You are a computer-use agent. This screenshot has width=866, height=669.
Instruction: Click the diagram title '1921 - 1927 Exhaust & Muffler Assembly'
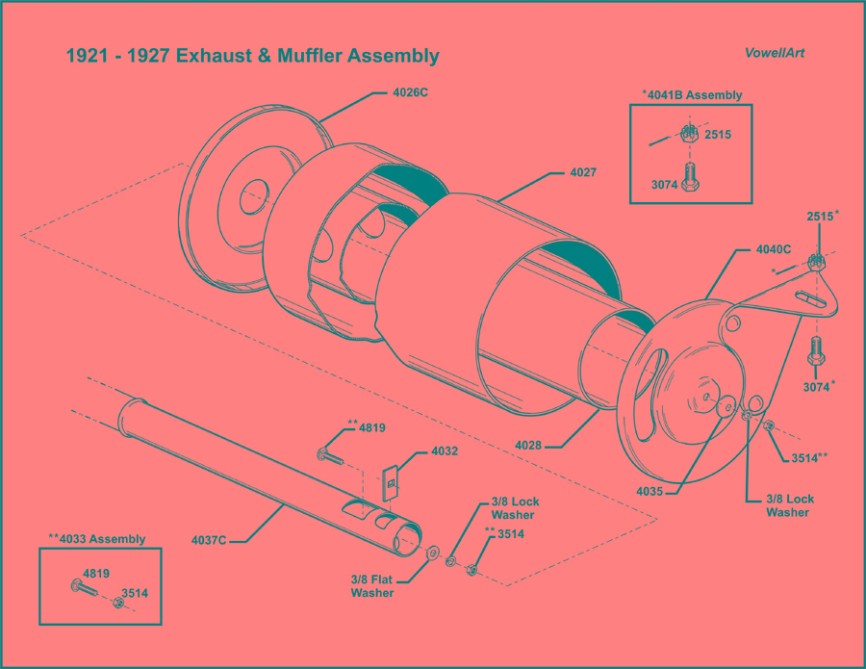[x=252, y=56]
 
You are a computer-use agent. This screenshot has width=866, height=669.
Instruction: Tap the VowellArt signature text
[x=774, y=53]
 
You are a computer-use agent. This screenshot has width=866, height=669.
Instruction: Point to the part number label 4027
[x=583, y=173]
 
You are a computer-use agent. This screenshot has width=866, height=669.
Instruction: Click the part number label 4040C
[x=773, y=249]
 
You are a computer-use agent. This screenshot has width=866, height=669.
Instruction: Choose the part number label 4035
[x=650, y=491]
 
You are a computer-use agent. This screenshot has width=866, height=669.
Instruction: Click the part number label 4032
[x=444, y=450]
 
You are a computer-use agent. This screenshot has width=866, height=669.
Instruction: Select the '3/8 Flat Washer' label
[x=371, y=586]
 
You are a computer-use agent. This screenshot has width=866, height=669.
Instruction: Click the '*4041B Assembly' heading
[x=692, y=94]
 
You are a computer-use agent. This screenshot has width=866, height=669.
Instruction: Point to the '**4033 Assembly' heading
[x=97, y=539]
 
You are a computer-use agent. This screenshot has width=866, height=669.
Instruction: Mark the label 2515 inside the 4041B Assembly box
[x=718, y=135]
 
